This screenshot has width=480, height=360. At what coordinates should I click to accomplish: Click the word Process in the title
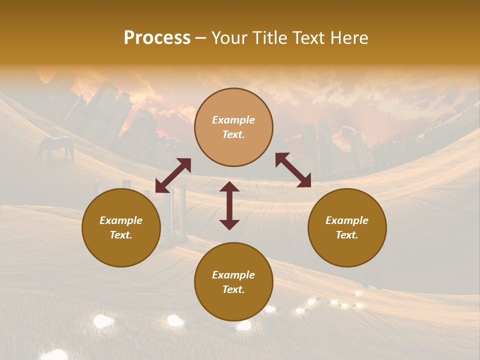click(157, 38)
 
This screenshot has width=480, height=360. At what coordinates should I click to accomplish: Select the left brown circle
click(121, 227)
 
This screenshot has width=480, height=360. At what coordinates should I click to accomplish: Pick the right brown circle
click(347, 227)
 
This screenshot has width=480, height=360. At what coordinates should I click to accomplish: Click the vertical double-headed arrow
click(229, 205)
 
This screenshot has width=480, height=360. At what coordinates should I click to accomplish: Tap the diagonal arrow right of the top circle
click(293, 170)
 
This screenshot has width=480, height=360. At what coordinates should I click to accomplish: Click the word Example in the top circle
click(233, 120)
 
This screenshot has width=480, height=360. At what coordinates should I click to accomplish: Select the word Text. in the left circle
click(121, 235)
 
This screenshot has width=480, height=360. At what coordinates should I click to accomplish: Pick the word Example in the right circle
click(347, 220)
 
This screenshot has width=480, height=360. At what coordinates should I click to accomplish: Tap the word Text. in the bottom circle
click(233, 289)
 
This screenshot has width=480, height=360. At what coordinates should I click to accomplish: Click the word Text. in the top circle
click(233, 134)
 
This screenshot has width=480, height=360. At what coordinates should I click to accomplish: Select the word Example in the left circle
click(121, 220)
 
